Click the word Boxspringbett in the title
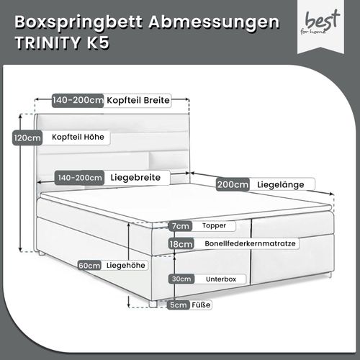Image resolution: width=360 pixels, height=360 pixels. pyautogui.click(x=78, y=23)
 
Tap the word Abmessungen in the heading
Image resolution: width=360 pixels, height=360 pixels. pyautogui.click(x=214, y=23)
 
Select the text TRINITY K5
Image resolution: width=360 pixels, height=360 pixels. pyautogui.click(x=63, y=42)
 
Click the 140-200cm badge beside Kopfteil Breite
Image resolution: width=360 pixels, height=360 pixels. pyautogui.click(x=78, y=100)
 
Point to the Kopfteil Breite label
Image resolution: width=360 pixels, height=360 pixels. pyautogui.click(x=138, y=100)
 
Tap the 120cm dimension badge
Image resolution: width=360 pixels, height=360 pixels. pyautogui.click(x=27, y=138)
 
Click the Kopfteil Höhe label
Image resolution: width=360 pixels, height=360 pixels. pyautogui.click(x=78, y=137)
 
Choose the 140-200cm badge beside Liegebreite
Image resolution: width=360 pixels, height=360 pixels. pyautogui.click(x=80, y=178)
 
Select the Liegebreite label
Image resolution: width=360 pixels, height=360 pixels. pyautogui.click(x=135, y=178)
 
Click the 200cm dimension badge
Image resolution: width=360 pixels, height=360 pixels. pyautogui.click(x=233, y=184)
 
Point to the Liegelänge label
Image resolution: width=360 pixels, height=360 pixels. pyautogui.click(x=281, y=184)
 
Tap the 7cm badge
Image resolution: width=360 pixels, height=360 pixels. pyautogui.click(x=180, y=226)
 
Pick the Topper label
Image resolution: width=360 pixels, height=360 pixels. pyautogui.click(x=214, y=225)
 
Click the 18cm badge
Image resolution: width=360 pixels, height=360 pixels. pyautogui.click(x=181, y=244)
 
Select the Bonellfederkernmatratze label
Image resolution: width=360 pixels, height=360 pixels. pyautogui.click(x=250, y=243)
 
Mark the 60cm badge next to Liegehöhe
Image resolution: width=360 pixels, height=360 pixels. pyautogui.click(x=89, y=266)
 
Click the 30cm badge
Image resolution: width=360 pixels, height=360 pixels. pyautogui.click(x=181, y=279)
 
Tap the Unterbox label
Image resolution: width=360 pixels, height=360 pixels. pyautogui.click(x=221, y=279)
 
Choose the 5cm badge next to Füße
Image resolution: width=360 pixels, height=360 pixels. pyautogui.click(x=178, y=305)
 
